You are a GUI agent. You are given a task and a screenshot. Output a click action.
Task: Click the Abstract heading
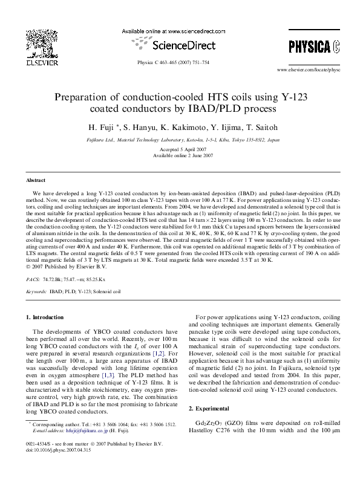[36, 181]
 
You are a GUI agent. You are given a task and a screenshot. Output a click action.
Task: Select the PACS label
[33, 281]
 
